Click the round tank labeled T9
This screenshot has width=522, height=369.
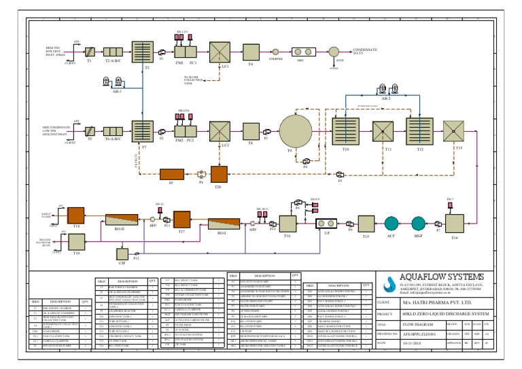[295, 130]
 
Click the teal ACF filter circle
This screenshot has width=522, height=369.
[391, 224]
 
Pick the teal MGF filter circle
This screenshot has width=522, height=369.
[418, 224]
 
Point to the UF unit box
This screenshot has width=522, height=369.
[328, 224]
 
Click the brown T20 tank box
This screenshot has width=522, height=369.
[219, 174]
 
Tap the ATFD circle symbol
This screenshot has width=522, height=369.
[333, 51]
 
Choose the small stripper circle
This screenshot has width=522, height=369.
[275, 51]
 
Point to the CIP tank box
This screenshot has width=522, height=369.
[122, 254]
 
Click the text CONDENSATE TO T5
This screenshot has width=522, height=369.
[368, 51]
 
